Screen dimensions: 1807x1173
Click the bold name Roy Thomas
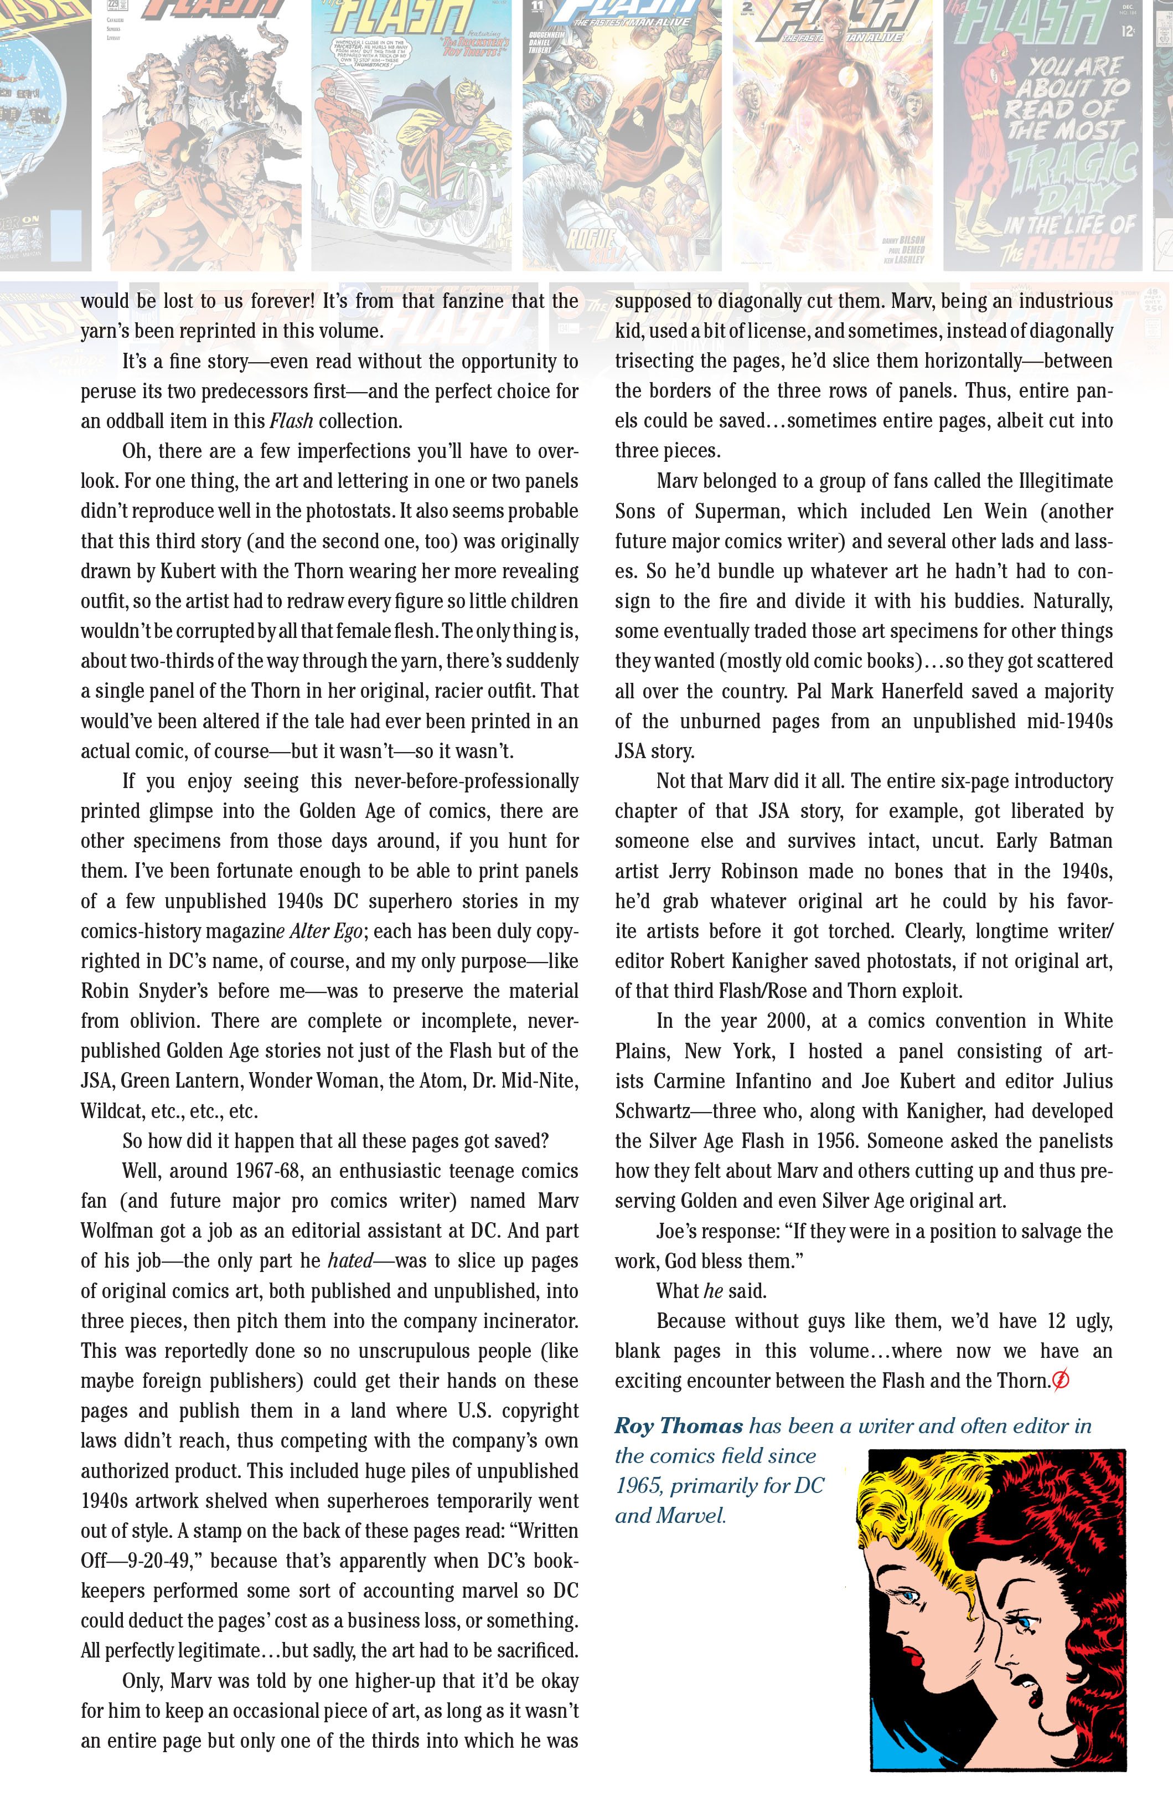pyautogui.click(x=679, y=1426)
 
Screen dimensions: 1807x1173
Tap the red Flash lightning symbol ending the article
pyautogui.click(x=1061, y=1380)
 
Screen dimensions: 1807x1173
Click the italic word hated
pyautogui.click(x=350, y=1260)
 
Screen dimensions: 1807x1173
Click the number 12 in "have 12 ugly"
pyautogui.click(x=1056, y=1321)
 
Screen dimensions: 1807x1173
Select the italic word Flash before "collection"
pyautogui.click(x=291, y=421)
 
